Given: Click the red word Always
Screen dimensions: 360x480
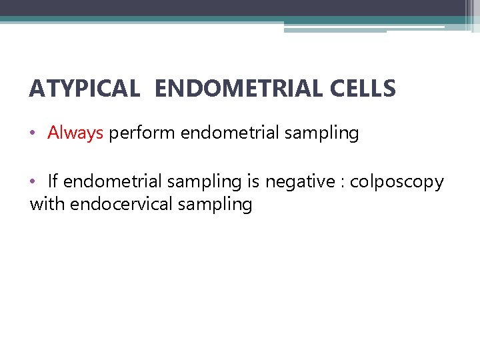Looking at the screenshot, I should (x=75, y=133).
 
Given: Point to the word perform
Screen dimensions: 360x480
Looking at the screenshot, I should (x=142, y=133).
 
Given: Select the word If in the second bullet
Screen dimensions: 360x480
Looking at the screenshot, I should (x=53, y=181).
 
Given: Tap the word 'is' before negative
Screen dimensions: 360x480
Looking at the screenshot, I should (x=254, y=181).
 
